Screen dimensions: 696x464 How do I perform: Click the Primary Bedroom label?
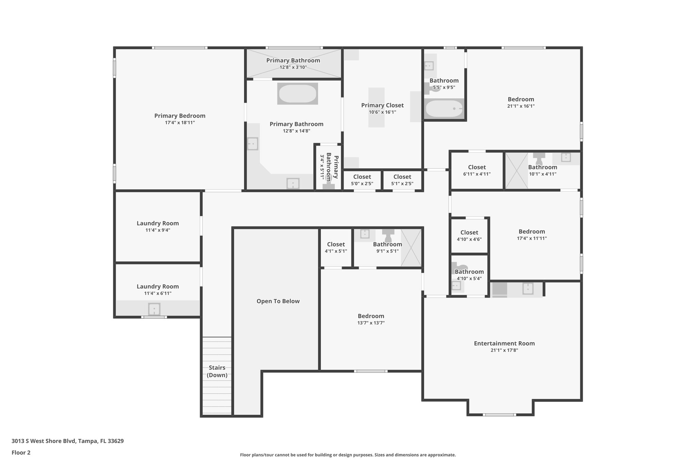click(x=180, y=116)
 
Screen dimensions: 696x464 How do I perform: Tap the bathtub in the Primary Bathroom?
click(x=298, y=93)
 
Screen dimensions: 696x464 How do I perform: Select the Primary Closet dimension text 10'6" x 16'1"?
click(x=382, y=112)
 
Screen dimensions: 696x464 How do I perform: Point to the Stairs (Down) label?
click(x=217, y=371)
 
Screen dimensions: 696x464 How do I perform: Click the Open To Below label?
click(x=278, y=301)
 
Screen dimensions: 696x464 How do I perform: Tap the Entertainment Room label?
click(x=504, y=343)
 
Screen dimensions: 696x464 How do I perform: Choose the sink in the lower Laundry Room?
click(x=154, y=309)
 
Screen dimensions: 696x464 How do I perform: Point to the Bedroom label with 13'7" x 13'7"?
click(x=371, y=316)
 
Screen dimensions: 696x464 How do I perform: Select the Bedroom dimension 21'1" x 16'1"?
click(x=521, y=106)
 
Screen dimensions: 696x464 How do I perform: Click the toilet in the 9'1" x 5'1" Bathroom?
click(x=388, y=235)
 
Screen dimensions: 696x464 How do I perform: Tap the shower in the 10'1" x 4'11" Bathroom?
click(x=517, y=171)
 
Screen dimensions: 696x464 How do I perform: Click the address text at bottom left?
click(x=68, y=441)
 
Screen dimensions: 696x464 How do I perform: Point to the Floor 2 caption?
click(x=21, y=452)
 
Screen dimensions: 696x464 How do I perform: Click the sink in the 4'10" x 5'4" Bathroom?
click(x=456, y=286)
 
